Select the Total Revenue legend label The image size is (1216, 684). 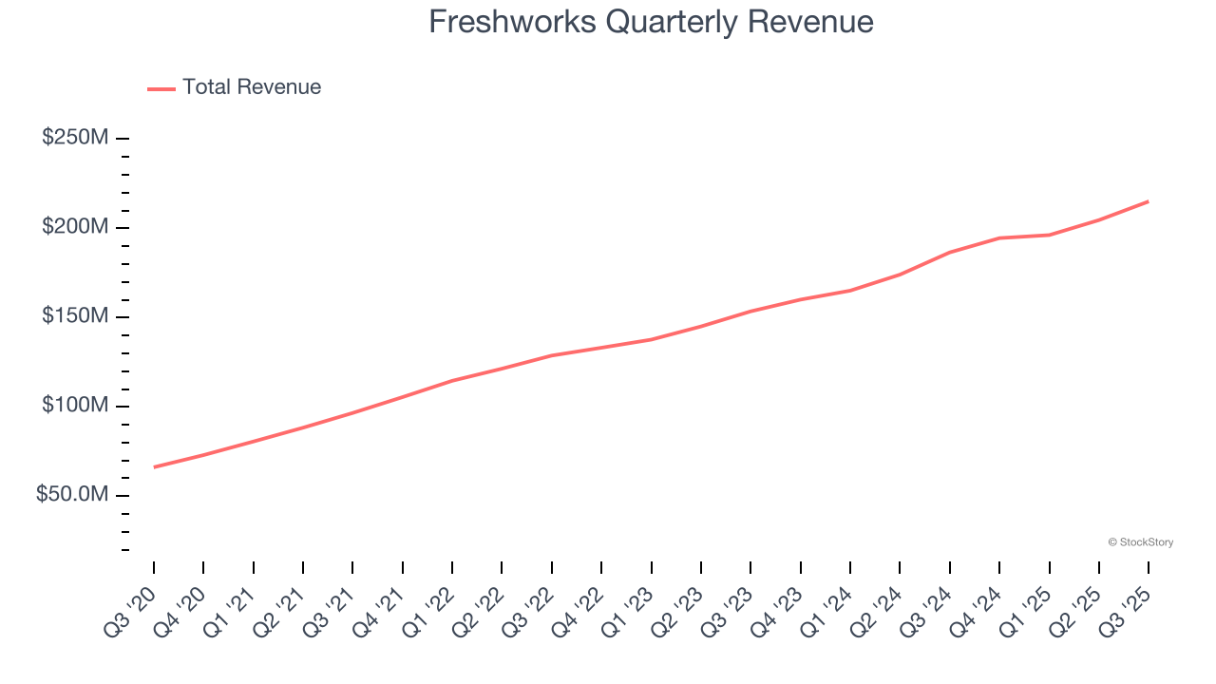click(252, 87)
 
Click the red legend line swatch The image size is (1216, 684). click(161, 88)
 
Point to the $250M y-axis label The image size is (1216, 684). click(75, 138)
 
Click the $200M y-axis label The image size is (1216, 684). click(75, 227)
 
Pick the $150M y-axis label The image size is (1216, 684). click(75, 316)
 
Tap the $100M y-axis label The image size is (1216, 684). click(75, 406)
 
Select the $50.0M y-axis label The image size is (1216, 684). click(72, 495)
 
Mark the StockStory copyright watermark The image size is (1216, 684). click(1141, 542)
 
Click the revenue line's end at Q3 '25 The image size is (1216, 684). click(1149, 201)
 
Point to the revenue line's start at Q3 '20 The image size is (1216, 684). click(154, 466)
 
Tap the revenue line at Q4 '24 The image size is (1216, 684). click(999, 237)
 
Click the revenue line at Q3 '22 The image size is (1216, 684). click(552, 355)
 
